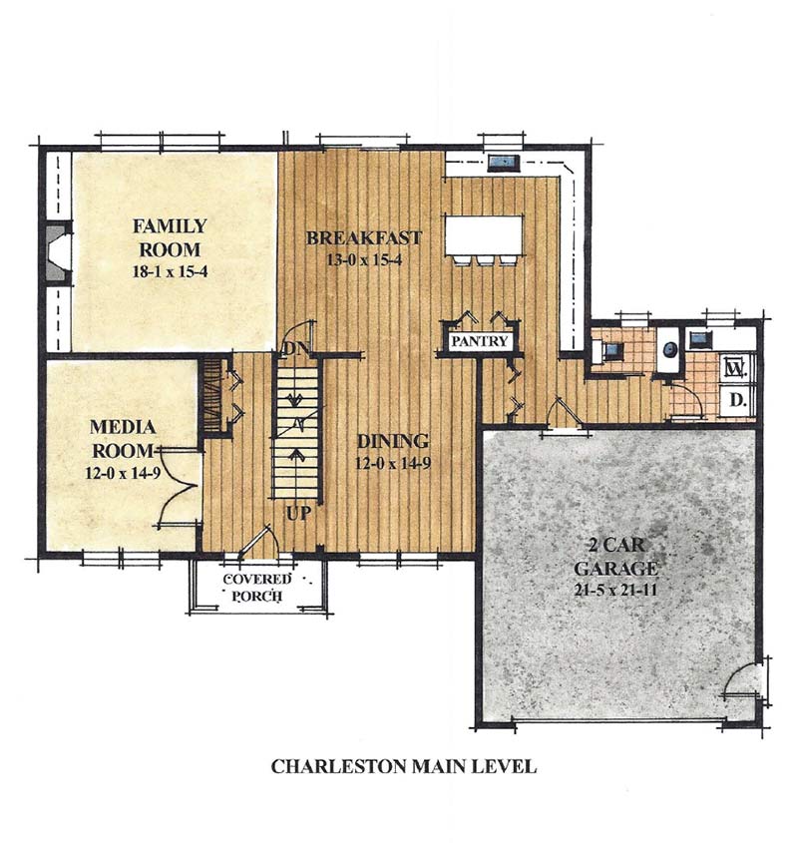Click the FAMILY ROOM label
pyautogui.click(x=170, y=237)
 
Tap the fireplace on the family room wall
pyautogui.click(x=55, y=255)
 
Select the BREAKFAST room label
pyautogui.click(x=364, y=237)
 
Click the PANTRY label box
pyautogui.click(x=481, y=341)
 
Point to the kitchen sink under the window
pyautogui.click(x=501, y=162)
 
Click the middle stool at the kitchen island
pyautogui.click(x=485, y=259)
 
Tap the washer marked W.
pyautogui.click(x=736, y=367)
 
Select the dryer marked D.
pyautogui.click(x=736, y=401)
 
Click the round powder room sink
pyautogui.click(x=669, y=350)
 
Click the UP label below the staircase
pyautogui.click(x=298, y=516)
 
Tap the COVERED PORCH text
pyautogui.click(x=256, y=589)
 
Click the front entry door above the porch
pyautogui.click(x=257, y=544)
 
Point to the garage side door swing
pyautogui.click(x=740, y=686)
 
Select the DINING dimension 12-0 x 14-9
pyautogui.click(x=393, y=463)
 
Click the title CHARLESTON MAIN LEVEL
pyautogui.click(x=404, y=767)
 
